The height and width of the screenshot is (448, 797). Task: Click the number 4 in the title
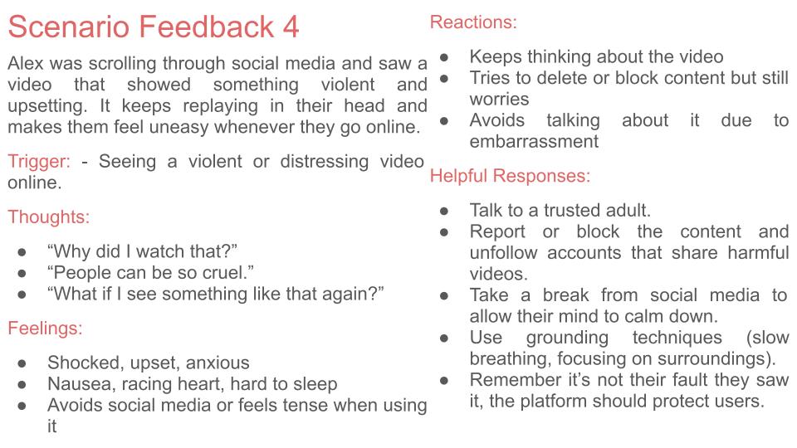tap(291, 27)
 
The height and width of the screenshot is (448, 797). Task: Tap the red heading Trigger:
tap(39, 162)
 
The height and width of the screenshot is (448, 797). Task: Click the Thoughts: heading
tap(49, 217)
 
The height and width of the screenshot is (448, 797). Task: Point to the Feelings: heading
tap(45, 329)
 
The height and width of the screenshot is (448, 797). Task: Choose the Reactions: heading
tap(473, 22)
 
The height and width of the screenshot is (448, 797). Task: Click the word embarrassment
tap(534, 141)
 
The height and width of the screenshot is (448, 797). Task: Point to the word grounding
tap(567, 338)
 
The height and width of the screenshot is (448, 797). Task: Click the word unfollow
tap(504, 252)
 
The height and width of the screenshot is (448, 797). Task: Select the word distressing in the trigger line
tap(325, 162)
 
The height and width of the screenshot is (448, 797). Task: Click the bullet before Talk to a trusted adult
tap(444, 211)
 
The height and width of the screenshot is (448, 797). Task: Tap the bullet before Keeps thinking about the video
tap(444, 57)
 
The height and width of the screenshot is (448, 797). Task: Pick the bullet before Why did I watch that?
tap(22, 252)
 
